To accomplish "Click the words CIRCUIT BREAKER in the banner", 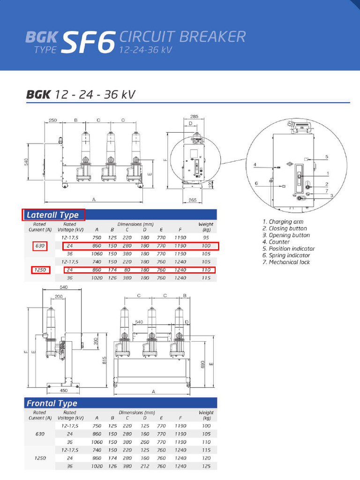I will [x=182, y=36].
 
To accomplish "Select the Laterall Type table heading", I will [x=53, y=215].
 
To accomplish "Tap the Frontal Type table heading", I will [x=52, y=403].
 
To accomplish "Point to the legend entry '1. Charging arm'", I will [x=283, y=222].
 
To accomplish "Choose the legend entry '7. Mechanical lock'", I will [x=286, y=262].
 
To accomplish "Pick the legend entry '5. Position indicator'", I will [x=288, y=248].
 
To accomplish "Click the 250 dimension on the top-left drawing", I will [x=52, y=120].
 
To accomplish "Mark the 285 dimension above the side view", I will [x=194, y=116].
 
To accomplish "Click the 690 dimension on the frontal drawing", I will [x=203, y=364].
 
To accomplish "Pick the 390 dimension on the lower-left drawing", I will [x=96, y=341].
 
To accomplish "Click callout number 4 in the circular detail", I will [x=255, y=165].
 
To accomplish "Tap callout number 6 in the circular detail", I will [x=256, y=183].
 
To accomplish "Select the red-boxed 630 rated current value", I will [x=40, y=246].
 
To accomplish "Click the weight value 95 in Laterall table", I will [x=206, y=238].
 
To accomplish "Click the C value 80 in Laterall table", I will [x=127, y=270].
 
